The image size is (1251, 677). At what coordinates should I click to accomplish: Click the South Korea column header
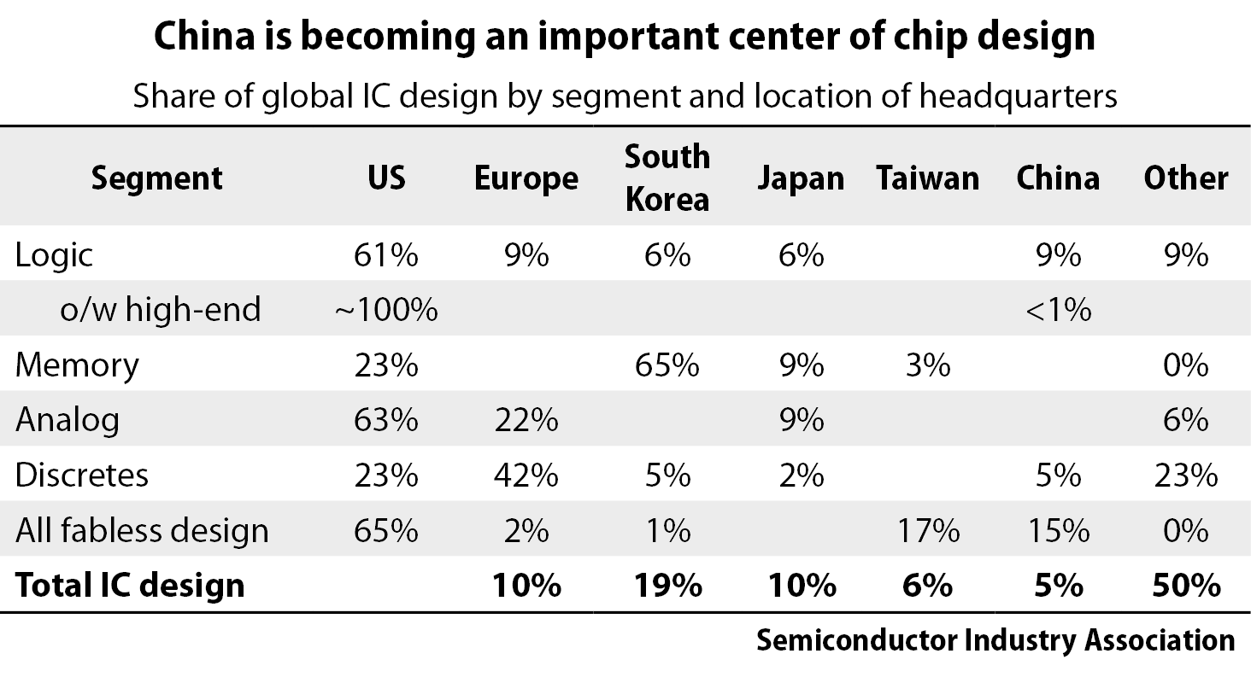(x=667, y=178)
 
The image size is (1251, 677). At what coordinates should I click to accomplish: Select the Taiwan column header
(x=927, y=178)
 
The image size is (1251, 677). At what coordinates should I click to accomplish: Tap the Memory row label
(x=77, y=365)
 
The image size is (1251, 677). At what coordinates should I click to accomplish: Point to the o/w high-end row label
(x=160, y=310)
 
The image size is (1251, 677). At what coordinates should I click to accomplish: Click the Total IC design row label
(x=130, y=586)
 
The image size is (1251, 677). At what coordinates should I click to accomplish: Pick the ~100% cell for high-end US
(x=385, y=310)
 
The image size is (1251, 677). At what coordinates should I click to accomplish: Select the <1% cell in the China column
(x=1058, y=310)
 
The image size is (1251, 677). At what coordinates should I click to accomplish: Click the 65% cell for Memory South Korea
(x=667, y=365)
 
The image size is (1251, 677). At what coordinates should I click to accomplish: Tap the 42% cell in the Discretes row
(x=526, y=476)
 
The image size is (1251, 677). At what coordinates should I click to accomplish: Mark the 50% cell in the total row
(x=1185, y=586)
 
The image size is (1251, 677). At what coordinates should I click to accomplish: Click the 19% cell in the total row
(x=667, y=586)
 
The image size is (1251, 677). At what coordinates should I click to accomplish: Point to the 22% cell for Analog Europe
(x=526, y=420)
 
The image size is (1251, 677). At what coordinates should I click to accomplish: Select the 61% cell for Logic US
(x=385, y=255)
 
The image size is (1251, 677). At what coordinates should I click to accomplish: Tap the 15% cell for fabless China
(x=1058, y=531)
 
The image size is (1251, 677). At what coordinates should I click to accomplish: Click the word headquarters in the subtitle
(x=1018, y=96)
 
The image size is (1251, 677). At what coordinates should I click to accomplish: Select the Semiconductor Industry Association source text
(x=995, y=640)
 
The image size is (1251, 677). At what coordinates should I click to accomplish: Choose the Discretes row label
(x=82, y=476)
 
